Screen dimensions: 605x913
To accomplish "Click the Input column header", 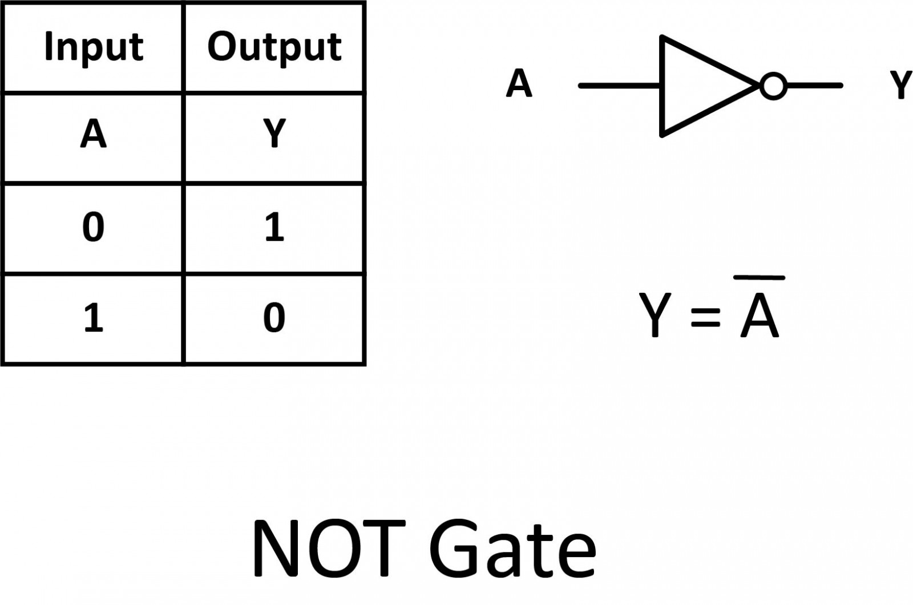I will [94, 47].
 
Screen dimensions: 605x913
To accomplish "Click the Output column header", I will [274, 47].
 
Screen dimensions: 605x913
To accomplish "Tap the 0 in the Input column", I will [94, 227].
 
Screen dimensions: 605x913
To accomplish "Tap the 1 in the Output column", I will [274, 227].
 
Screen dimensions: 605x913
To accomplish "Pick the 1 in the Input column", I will [94, 318].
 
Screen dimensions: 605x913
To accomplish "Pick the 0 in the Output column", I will [274, 318].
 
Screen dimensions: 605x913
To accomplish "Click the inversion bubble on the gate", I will [773, 86].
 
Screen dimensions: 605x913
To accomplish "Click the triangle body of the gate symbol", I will [696, 86].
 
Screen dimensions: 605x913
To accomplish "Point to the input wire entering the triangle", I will [619, 86].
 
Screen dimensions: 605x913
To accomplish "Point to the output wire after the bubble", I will [815, 86].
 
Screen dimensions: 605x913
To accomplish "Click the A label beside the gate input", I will [519, 84].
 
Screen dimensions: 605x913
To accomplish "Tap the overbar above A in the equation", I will [759, 278].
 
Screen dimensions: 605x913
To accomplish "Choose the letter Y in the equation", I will [655, 315].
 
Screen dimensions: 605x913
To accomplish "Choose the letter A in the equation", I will [759, 317].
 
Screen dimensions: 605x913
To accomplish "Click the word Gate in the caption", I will [512, 548].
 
